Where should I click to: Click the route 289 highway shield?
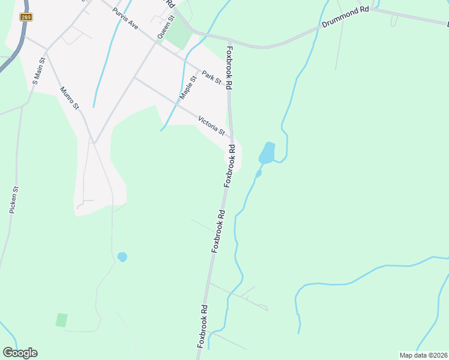click(x=26, y=17)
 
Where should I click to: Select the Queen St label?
click(x=166, y=28)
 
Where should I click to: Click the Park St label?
click(x=212, y=77)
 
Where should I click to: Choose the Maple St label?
click(x=188, y=88)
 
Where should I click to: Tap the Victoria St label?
click(x=211, y=125)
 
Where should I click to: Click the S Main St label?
click(x=39, y=71)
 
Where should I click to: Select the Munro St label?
click(x=70, y=98)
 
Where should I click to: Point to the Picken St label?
click(x=14, y=200)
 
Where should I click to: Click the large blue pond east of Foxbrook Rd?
click(x=267, y=153)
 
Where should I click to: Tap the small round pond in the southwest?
click(x=122, y=257)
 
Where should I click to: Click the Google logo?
click(x=20, y=353)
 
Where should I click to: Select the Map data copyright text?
click(x=423, y=355)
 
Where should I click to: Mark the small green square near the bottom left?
click(x=61, y=320)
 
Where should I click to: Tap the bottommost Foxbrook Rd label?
click(x=203, y=326)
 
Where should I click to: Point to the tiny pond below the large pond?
click(x=259, y=174)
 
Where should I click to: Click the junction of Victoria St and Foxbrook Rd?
click(x=231, y=137)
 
